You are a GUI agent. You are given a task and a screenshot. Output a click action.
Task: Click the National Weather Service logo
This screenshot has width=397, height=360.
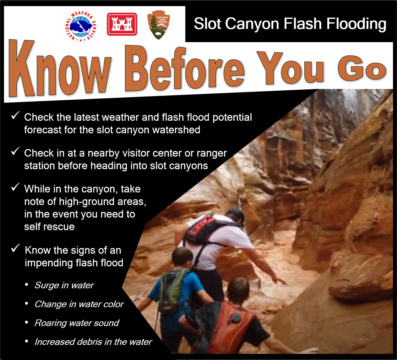[81, 26]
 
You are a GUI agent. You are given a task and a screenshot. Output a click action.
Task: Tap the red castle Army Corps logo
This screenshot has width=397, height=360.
[122, 24]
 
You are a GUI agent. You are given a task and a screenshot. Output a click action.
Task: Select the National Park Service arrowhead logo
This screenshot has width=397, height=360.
[159, 25]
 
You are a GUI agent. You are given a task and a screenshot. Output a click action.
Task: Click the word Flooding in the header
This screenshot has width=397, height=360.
[356, 24]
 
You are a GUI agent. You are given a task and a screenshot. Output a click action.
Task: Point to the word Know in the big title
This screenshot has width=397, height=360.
[60, 68]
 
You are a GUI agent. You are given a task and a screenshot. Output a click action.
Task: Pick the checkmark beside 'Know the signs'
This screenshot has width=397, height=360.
[15, 248]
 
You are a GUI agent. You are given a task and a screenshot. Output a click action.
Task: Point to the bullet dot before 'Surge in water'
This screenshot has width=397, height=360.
[26, 285]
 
